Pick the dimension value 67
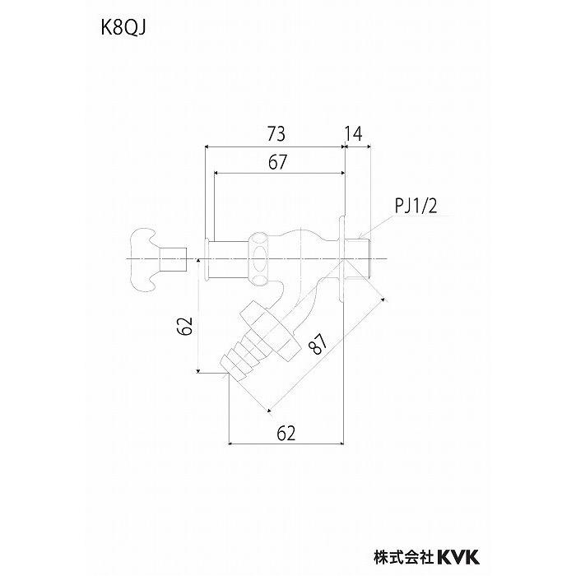(278, 162)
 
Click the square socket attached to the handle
(174, 258)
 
